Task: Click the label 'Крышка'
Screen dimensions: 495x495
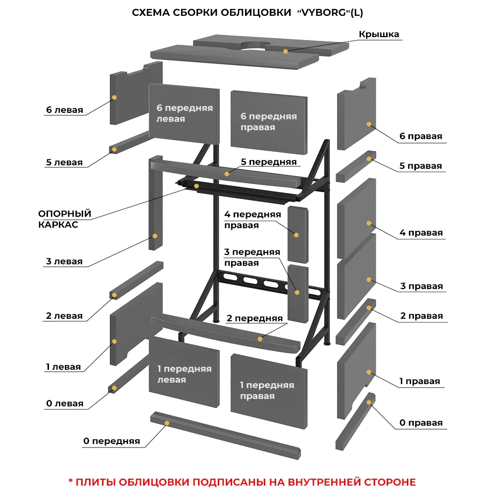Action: click(x=379, y=34)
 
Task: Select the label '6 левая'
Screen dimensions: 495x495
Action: click(x=64, y=110)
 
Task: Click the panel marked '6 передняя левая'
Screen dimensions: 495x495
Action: click(x=184, y=114)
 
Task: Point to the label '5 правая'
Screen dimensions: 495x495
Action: click(x=421, y=166)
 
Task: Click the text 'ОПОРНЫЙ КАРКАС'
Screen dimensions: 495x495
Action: click(x=65, y=219)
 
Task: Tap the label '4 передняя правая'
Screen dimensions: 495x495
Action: click(x=252, y=220)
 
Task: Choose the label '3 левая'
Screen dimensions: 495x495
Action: click(x=64, y=261)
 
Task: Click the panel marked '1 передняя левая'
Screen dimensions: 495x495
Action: click(x=184, y=374)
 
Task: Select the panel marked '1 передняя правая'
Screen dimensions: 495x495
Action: click(x=267, y=391)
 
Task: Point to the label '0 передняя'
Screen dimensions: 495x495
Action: click(x=111, y=441)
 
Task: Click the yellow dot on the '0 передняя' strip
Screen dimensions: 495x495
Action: click(x=167, y=423)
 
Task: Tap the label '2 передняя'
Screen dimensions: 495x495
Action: click(x=254, y=318)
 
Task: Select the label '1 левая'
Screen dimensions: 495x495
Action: click(x=63, y=367)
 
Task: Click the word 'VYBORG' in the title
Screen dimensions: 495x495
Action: click(x=323, y=13)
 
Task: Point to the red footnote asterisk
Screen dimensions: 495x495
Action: click(x=70, y=482)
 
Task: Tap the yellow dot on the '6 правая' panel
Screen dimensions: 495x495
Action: click(x=369, y=124)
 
